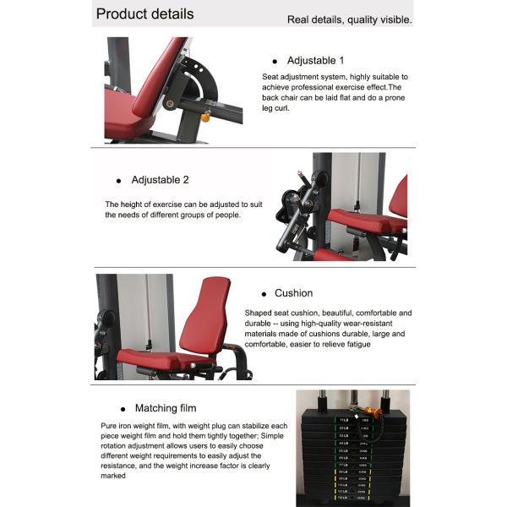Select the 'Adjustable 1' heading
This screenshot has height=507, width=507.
315,61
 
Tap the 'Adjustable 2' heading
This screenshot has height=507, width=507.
160,180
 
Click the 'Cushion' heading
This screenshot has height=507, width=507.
293,293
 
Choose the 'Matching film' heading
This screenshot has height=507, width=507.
165,408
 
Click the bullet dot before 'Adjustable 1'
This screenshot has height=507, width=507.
275,62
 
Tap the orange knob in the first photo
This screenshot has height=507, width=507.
204,117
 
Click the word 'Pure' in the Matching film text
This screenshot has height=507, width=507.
107,427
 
